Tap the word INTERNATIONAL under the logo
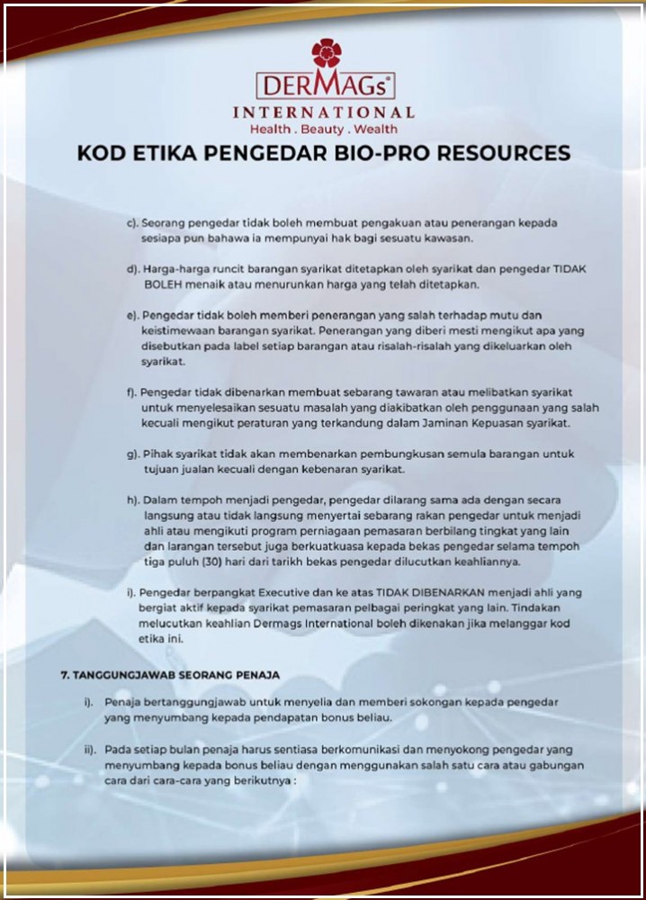click(324, 112)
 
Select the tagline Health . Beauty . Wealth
click(323, 130)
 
